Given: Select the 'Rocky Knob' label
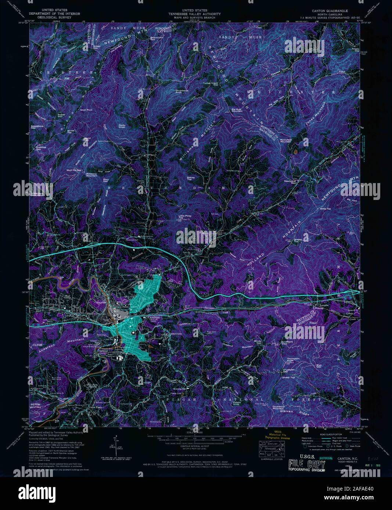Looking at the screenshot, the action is tap(122, 126).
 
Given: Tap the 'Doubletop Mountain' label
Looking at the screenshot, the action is tap(280, 407).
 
